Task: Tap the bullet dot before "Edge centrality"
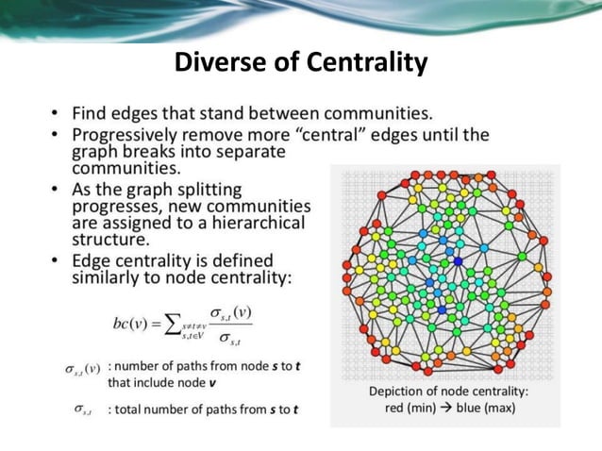pos(58,259)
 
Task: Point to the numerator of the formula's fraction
pos(229,312)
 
